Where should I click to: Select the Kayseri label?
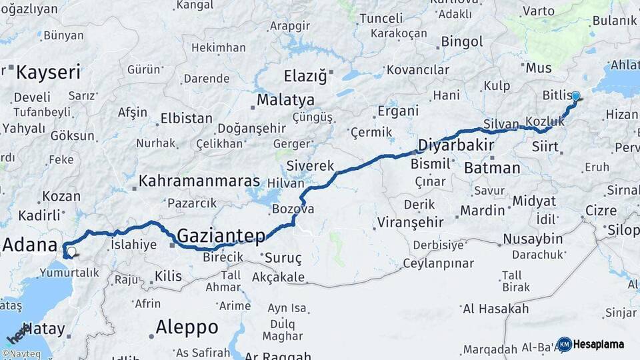48,72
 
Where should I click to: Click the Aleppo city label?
187,327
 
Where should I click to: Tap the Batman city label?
492,167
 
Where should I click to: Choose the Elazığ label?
305,75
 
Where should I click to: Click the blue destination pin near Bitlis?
576,97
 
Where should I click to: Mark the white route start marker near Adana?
71,252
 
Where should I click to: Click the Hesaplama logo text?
599,344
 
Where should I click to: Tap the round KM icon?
565,344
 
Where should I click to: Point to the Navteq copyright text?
21,354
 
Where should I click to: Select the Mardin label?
482,211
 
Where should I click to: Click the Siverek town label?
310,165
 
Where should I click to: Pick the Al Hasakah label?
495,309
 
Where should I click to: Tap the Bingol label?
462,42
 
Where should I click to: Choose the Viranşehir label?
410,221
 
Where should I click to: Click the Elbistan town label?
186,119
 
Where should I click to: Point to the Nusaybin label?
533,239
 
